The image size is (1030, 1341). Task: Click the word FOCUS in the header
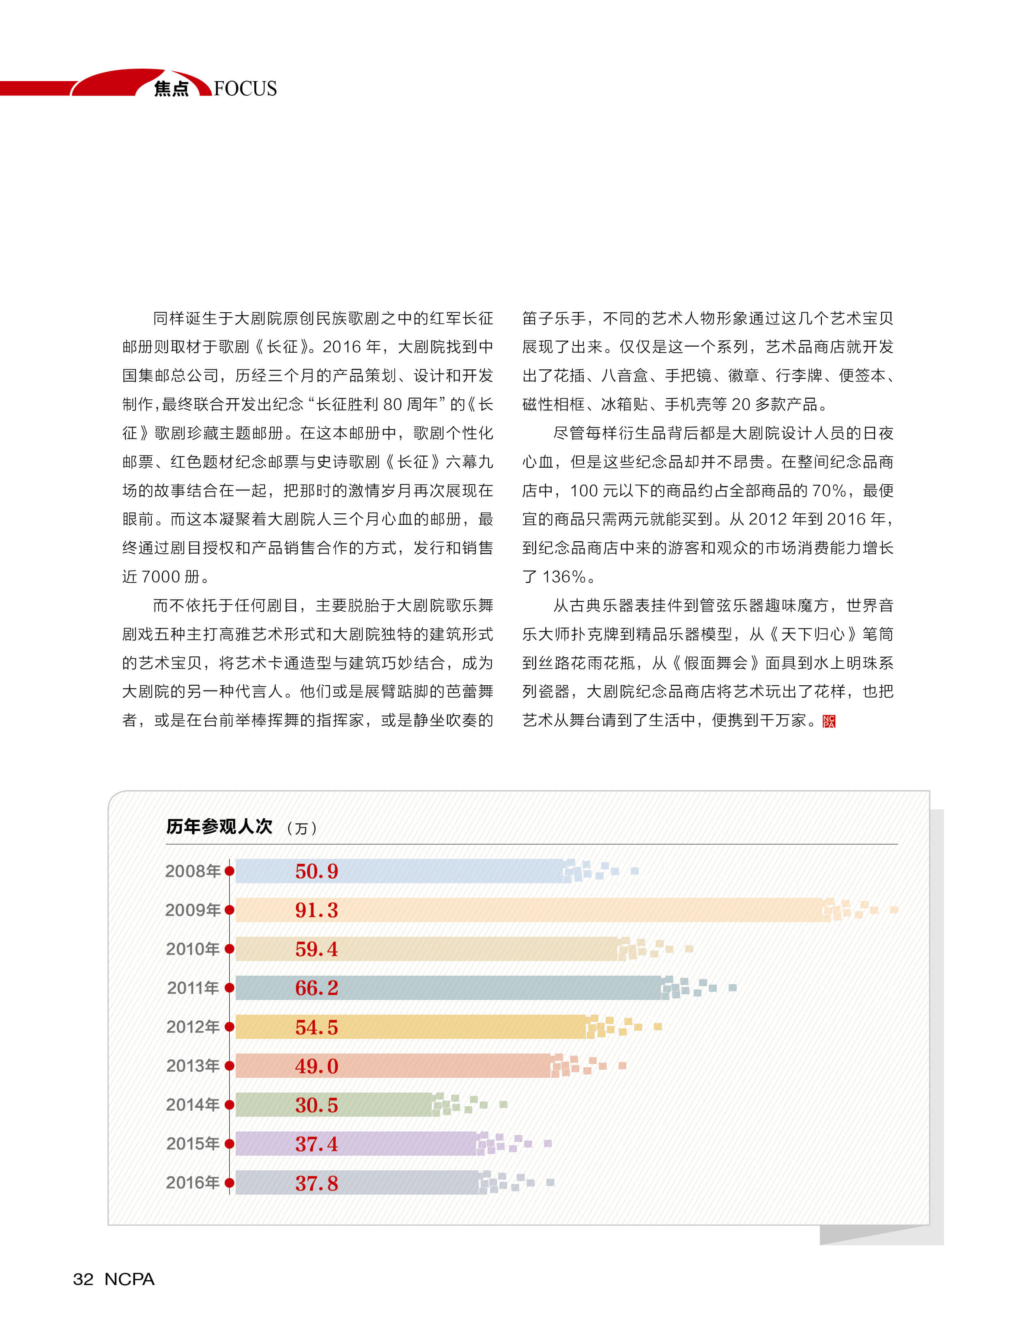[x=245, y=89]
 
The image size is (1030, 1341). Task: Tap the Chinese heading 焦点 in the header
[x=171, y=89]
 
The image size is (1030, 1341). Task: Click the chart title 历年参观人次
[x=219, y=827]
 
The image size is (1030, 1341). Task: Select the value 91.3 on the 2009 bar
[x=316, y=910]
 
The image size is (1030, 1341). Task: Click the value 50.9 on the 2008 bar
[x=316, y=871]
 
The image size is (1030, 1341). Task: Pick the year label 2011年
[x=193, y=988]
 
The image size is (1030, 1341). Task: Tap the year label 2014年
[x=193, y=1105]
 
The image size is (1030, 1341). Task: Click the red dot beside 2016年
[x=229, y=1183]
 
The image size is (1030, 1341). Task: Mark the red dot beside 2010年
[x=229, y=949]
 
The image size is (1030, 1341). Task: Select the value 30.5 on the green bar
[x=316, y=1105]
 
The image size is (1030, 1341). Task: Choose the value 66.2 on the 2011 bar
[x=316, y=988]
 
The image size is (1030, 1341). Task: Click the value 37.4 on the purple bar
[x=316, y=1144]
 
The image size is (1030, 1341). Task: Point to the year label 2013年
[x=193, y=1066]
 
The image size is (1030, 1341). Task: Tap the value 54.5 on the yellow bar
[x=316, y=1027]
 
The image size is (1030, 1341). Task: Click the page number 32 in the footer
[x=84, y=1279]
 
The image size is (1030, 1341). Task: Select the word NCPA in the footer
[x=129, y=1279]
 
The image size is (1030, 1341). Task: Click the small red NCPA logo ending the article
[x=828, y=721]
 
